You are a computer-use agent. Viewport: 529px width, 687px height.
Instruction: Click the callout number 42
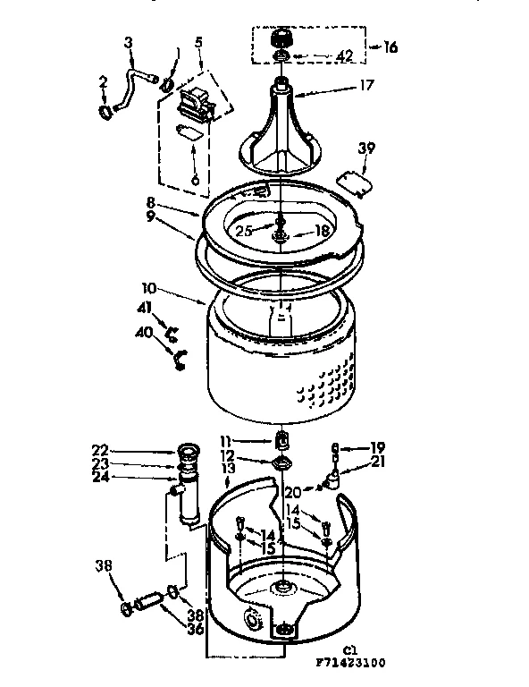coord(345,61)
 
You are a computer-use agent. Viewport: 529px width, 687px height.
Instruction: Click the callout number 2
coord(104,81)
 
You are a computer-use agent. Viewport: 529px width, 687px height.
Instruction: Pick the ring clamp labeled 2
coord(106,112)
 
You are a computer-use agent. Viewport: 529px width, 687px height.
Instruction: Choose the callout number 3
coord(128,43)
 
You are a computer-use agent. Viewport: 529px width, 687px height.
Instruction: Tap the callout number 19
coord(378,447)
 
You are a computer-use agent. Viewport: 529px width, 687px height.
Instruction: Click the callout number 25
coord(241,231)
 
